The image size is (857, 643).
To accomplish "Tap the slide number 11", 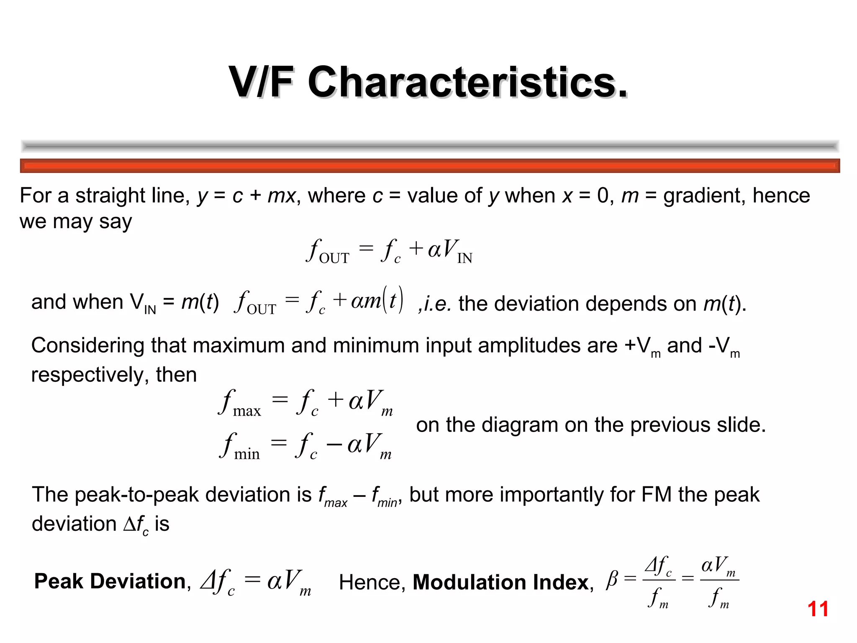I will point(818,609).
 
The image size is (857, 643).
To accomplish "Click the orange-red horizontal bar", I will point(430,166).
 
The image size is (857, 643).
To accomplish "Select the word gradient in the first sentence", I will point(703,196).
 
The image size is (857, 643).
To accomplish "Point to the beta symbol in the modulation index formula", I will point(612,579).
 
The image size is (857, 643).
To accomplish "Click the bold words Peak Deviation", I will point(110,581).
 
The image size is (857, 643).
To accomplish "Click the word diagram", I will point(520,425).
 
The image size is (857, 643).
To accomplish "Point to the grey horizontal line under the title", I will point(430,146).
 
